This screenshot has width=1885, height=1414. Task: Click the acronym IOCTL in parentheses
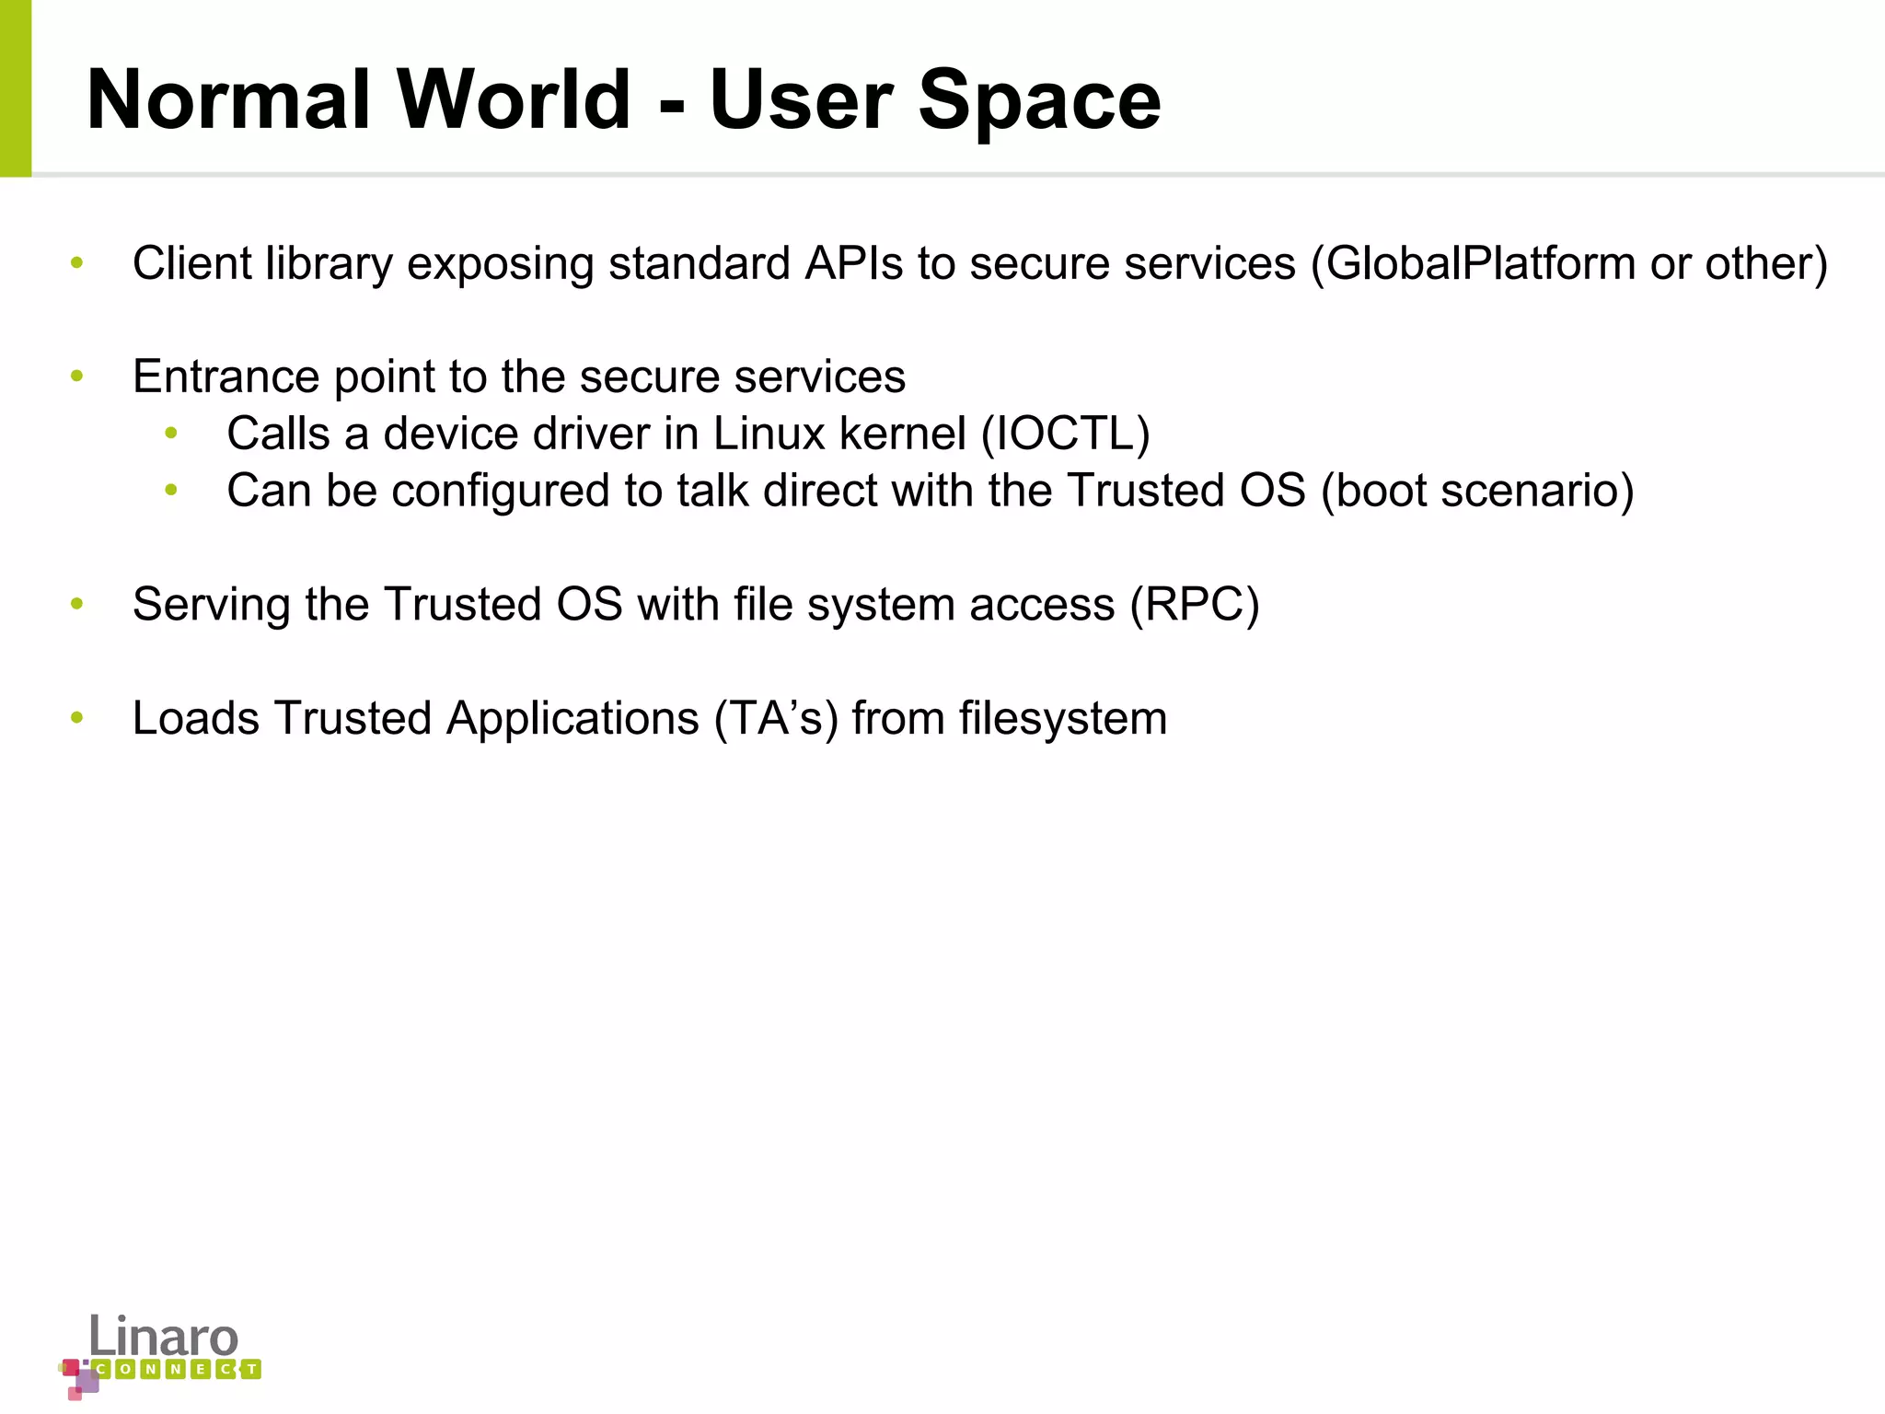tap(1066, 434)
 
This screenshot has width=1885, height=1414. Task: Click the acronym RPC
tap(1195, 605)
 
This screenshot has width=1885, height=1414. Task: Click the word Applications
tap(572, 719)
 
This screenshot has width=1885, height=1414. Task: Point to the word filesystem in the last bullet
tap(1062, 719)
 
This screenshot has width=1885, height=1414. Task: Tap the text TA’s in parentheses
tap(777, 719)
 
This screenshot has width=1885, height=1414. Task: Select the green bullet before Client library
tap(77, 263)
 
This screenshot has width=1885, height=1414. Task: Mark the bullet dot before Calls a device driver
tap(171, 434)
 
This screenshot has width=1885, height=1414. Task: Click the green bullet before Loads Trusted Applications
tap(77, 718)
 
